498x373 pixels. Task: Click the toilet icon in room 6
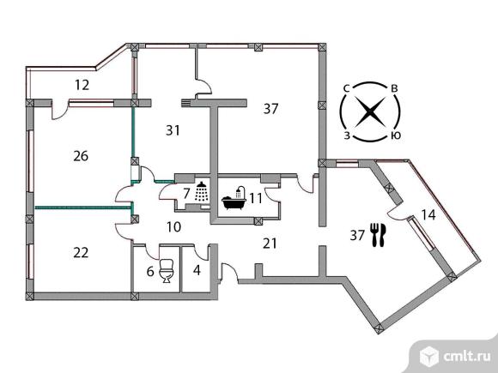point(166,271)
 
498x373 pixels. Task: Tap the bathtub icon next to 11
point(234,199)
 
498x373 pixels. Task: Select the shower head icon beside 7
point(201,191)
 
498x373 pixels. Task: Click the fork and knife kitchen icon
point(379,235)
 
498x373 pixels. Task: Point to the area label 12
point(82,85)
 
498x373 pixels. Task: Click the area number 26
point(81,156)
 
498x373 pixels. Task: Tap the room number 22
point(81,253)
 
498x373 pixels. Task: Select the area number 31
point(173,130)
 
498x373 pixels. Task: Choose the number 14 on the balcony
point(428,214)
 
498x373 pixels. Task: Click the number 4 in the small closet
point(197,270)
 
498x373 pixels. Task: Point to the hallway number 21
point(270,244)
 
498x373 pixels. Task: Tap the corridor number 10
point(173,226)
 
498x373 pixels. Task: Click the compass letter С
point(346,88)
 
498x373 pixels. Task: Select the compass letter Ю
point(396,135)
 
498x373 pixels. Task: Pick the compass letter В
point(394,88)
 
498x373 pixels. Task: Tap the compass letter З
point(347,135)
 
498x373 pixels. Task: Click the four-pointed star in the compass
point(370,111)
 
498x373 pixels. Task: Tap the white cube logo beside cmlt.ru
point(429,357)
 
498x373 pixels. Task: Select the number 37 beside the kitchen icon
point(357,235)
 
